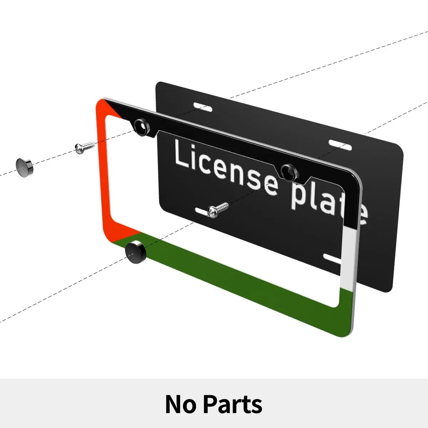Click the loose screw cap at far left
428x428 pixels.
click(x=24, y=167)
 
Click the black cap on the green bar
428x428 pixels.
click(x=135, y=252)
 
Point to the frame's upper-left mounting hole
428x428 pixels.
click(x=142, y=126)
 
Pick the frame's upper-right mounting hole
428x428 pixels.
click(x=289, y=172)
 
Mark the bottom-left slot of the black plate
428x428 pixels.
click(x=202, y=212)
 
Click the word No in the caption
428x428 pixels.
click(x=181, y=404)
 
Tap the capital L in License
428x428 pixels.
click(x=182, y=154)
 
